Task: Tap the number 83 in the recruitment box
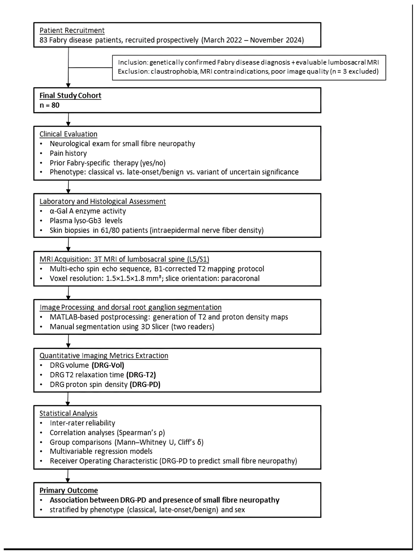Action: tap(43, 40)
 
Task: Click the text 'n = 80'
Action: tap(49, 105)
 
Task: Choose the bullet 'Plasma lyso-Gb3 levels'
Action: tap(86, 221)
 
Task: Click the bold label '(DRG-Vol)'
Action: tap(108, 365)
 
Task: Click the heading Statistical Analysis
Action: tap(68, 414)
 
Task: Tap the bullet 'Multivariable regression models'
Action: tap(101, 451)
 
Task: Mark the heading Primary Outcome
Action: tap(69, 490)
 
